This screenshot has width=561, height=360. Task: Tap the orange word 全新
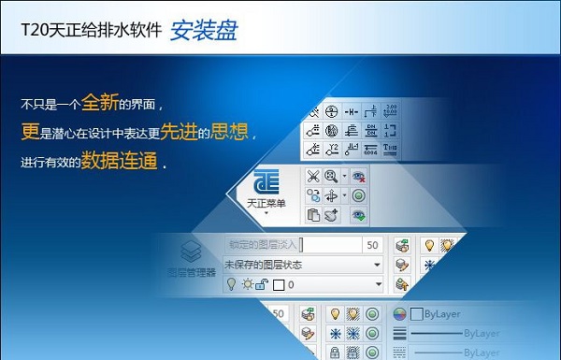coord(101,101)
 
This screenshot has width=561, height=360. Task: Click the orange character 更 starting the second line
coord(28,131)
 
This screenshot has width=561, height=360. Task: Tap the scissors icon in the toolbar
coord(314,176)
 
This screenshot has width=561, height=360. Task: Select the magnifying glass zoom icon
coord(332,176)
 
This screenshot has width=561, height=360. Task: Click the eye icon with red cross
coord(358,176)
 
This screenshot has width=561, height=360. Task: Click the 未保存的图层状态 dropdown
coord(305,265)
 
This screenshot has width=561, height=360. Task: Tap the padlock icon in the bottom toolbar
coord(334,353)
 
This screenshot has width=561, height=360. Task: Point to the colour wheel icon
coord(399,314)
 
